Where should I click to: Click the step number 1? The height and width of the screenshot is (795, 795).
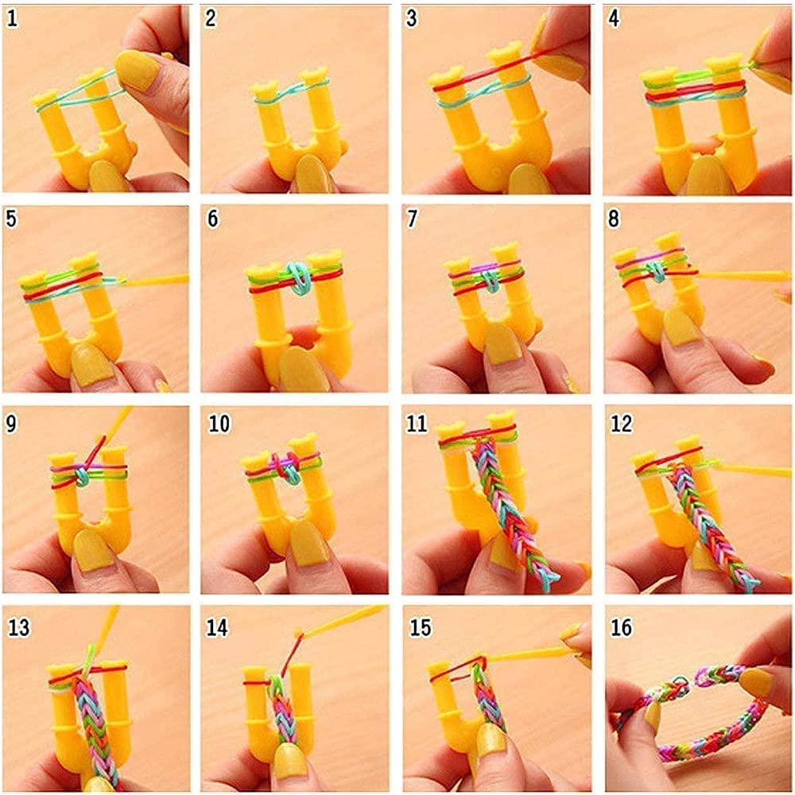pyautogui.click(x=12, y=19)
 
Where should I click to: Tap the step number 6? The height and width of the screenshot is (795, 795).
pyautogui.click(x=213, y=219)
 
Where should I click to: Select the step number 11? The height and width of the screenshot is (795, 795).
pyautogui.click(x=417, y=424)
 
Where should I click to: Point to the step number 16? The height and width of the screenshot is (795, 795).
pyautogui.click(x=622, y=627)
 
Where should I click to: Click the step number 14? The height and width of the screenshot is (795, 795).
pyautogui.click(x=217, y=627)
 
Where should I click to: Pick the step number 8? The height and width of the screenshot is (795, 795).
pyautogui.click(x=614, y=219)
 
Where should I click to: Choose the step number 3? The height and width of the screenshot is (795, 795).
pyautogui.click(x=412, y=18)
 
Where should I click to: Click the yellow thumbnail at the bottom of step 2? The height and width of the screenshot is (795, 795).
pyautogui.click(x=308, y=173)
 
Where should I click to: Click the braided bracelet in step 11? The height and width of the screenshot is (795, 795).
pyautogui.click(x=512, y=507)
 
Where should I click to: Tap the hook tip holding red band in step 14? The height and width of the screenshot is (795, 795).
pyautogui.click(x=299, y=634)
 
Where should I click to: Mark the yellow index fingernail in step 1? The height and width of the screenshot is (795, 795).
pyautogui.click(x=136, y=70)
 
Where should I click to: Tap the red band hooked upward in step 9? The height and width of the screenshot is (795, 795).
pyautogui.click(x=95, y=452)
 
